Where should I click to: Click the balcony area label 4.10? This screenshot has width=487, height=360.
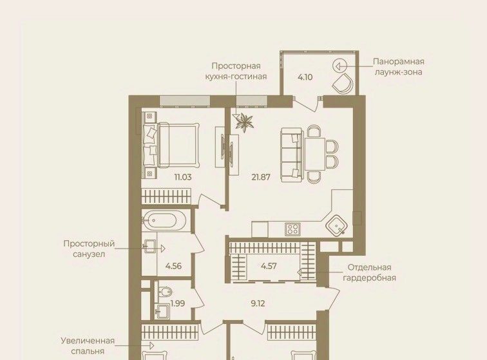pyautogui.click(x=305, y=77)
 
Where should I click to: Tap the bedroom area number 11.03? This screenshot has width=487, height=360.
pyautogui.click(x=183, y=177)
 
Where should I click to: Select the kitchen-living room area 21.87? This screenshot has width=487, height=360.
pyautogui.click(x=261, y=177)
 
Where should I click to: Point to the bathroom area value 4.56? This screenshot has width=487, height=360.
pyautogui.click(x=174, y=266)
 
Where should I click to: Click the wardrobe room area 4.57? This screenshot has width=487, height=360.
pyautogui.click(x=269, y=266)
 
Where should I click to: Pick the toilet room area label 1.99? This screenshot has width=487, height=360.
pyautogui.click(x=178, y=303)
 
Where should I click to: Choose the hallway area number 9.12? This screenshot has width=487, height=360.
pyautogui.click(x=258, y=303)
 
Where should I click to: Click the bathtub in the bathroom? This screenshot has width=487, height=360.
pyautogui.click(x=164, y=220)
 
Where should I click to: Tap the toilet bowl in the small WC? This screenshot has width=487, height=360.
pyautogui.click(x=165, y=292)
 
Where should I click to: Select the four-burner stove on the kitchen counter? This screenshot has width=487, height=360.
pyautogui.click(x=292, y=229)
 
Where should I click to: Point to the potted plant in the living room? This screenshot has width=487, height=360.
pyautogui.click(x=245, y=122)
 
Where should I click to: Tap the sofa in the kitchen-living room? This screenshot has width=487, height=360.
pyautogui.click(x=291, y=155)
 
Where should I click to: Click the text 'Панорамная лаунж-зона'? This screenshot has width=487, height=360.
pyautogui.click(x=399, y=67)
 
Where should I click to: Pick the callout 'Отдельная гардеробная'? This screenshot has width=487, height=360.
pyautogui.click(x=369, y=272)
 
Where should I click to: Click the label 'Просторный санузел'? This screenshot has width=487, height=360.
pyautogui.click(x=89, y=249)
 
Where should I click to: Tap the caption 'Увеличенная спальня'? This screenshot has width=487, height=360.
pyautogui.click(x=88, y=346)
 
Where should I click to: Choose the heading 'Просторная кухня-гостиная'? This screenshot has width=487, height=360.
pyautogui.click(x=236, y=71)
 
